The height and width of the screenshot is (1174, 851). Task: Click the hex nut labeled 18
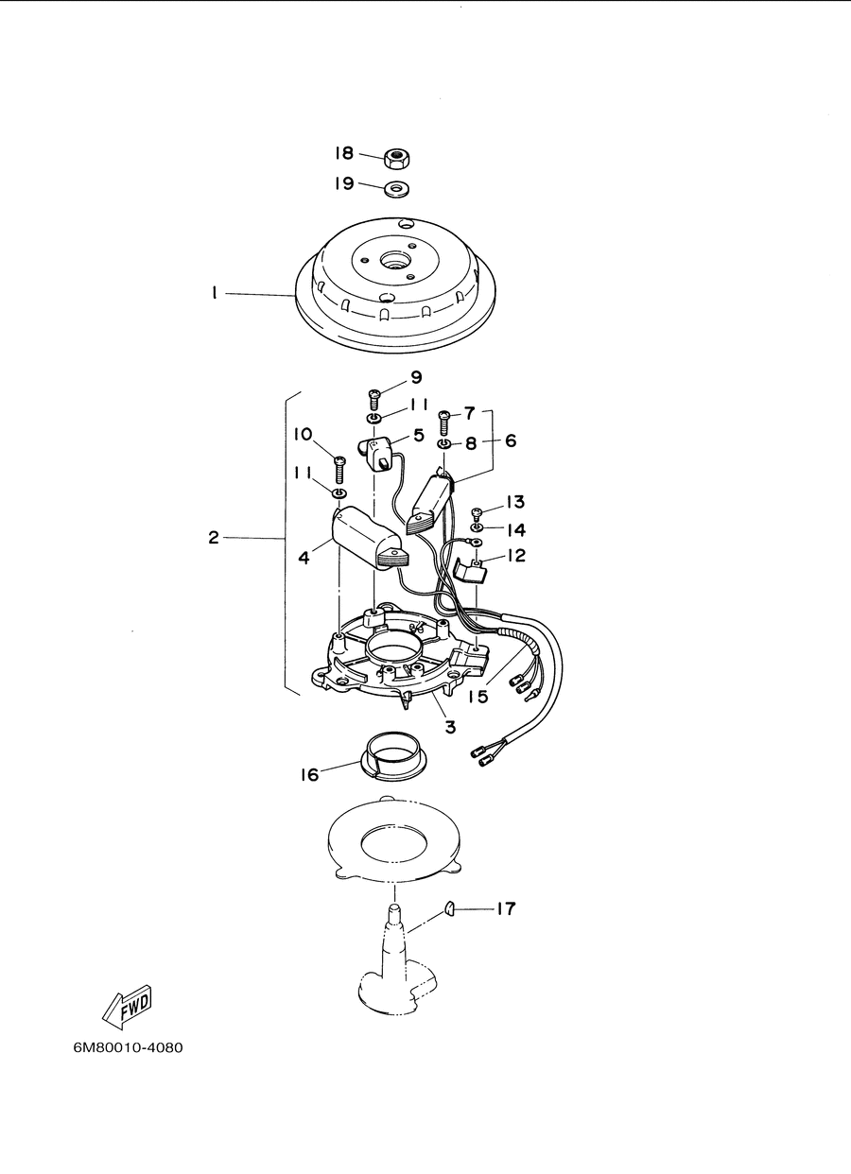click(397, 158)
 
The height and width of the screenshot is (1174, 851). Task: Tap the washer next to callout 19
click(397, 188)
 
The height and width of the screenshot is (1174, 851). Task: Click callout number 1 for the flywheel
click(214, 293)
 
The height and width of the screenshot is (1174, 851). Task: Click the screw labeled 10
click(339, 470)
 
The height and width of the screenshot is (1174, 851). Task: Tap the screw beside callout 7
click(444, 423)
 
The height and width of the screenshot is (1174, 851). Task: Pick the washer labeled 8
click(444, 444)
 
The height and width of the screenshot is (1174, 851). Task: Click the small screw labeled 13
click(478, 512)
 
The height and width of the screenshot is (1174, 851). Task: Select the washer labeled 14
click(478, 527)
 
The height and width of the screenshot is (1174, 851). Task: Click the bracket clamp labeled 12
click(470, 569)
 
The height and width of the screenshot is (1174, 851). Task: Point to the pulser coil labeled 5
click(375, 453)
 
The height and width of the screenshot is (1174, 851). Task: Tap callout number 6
click(511, 440)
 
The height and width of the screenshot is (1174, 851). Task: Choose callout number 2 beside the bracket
click(214, 537)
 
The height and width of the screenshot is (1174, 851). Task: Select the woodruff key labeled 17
click(449, 907)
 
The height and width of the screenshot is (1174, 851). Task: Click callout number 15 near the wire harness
click(478, 697)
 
